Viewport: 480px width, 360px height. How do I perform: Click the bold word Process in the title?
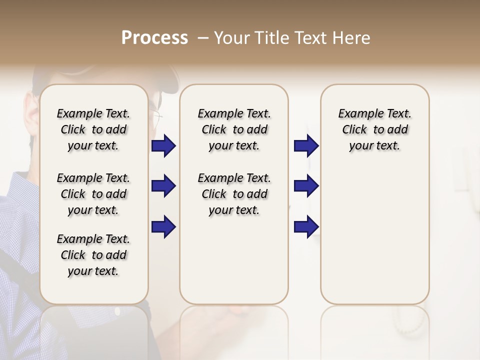pyautogui.click(x=154, y=38)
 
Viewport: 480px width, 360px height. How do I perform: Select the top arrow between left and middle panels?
pyautogui.click(x=163, y=146)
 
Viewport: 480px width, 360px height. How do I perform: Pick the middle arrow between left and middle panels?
pyautogui.click(x=163, y=186)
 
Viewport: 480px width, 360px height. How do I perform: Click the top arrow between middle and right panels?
pyautogui.click(x=306, y=146)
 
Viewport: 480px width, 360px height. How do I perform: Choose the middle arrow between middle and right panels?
pyautogui.click(x=306, y=186)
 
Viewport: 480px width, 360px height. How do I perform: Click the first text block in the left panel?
pyautogui.click(x=93, y=129)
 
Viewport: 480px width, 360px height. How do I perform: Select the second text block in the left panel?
pyautogui.click(x=93, y=194)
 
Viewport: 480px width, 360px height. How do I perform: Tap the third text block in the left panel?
pyautogui.click(x=93, y=255)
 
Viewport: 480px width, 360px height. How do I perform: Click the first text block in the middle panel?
pyautogui.click(x=234, y=129)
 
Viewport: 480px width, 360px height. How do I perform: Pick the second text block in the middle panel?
pyautogui.click(x=234, y=194)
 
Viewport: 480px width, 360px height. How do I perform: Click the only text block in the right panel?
pyautogui.click(x=374, y=129)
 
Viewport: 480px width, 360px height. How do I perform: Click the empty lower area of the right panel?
pyautogui.click(x=374, y=240)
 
